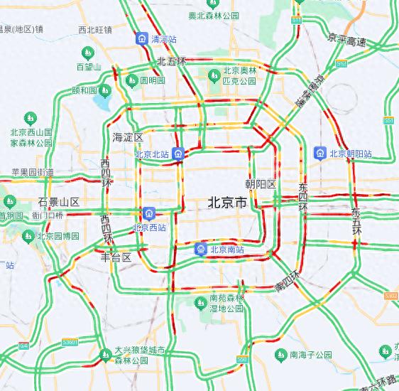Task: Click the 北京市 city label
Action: point(227,203)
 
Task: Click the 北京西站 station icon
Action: point(148,213)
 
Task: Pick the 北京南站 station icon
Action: point(202,249)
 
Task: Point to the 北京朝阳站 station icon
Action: point(321,153)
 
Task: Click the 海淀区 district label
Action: point(128,136)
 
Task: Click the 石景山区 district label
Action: point(59,202)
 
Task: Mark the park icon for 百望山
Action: point(89,52)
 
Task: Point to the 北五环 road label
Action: point(171,62)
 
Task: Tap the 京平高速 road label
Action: point(347,42)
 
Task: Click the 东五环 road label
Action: point(356,221)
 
